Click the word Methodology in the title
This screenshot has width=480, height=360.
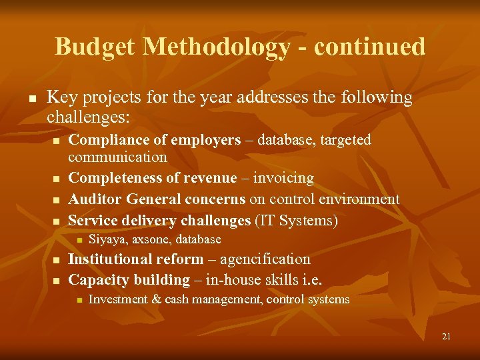tap(217, 47)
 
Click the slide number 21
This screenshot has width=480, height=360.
tap(446, 337)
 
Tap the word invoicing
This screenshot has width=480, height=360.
tap(283, 178)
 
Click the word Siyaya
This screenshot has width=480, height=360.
tap(108, 239)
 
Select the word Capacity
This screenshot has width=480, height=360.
tap(95, 280)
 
